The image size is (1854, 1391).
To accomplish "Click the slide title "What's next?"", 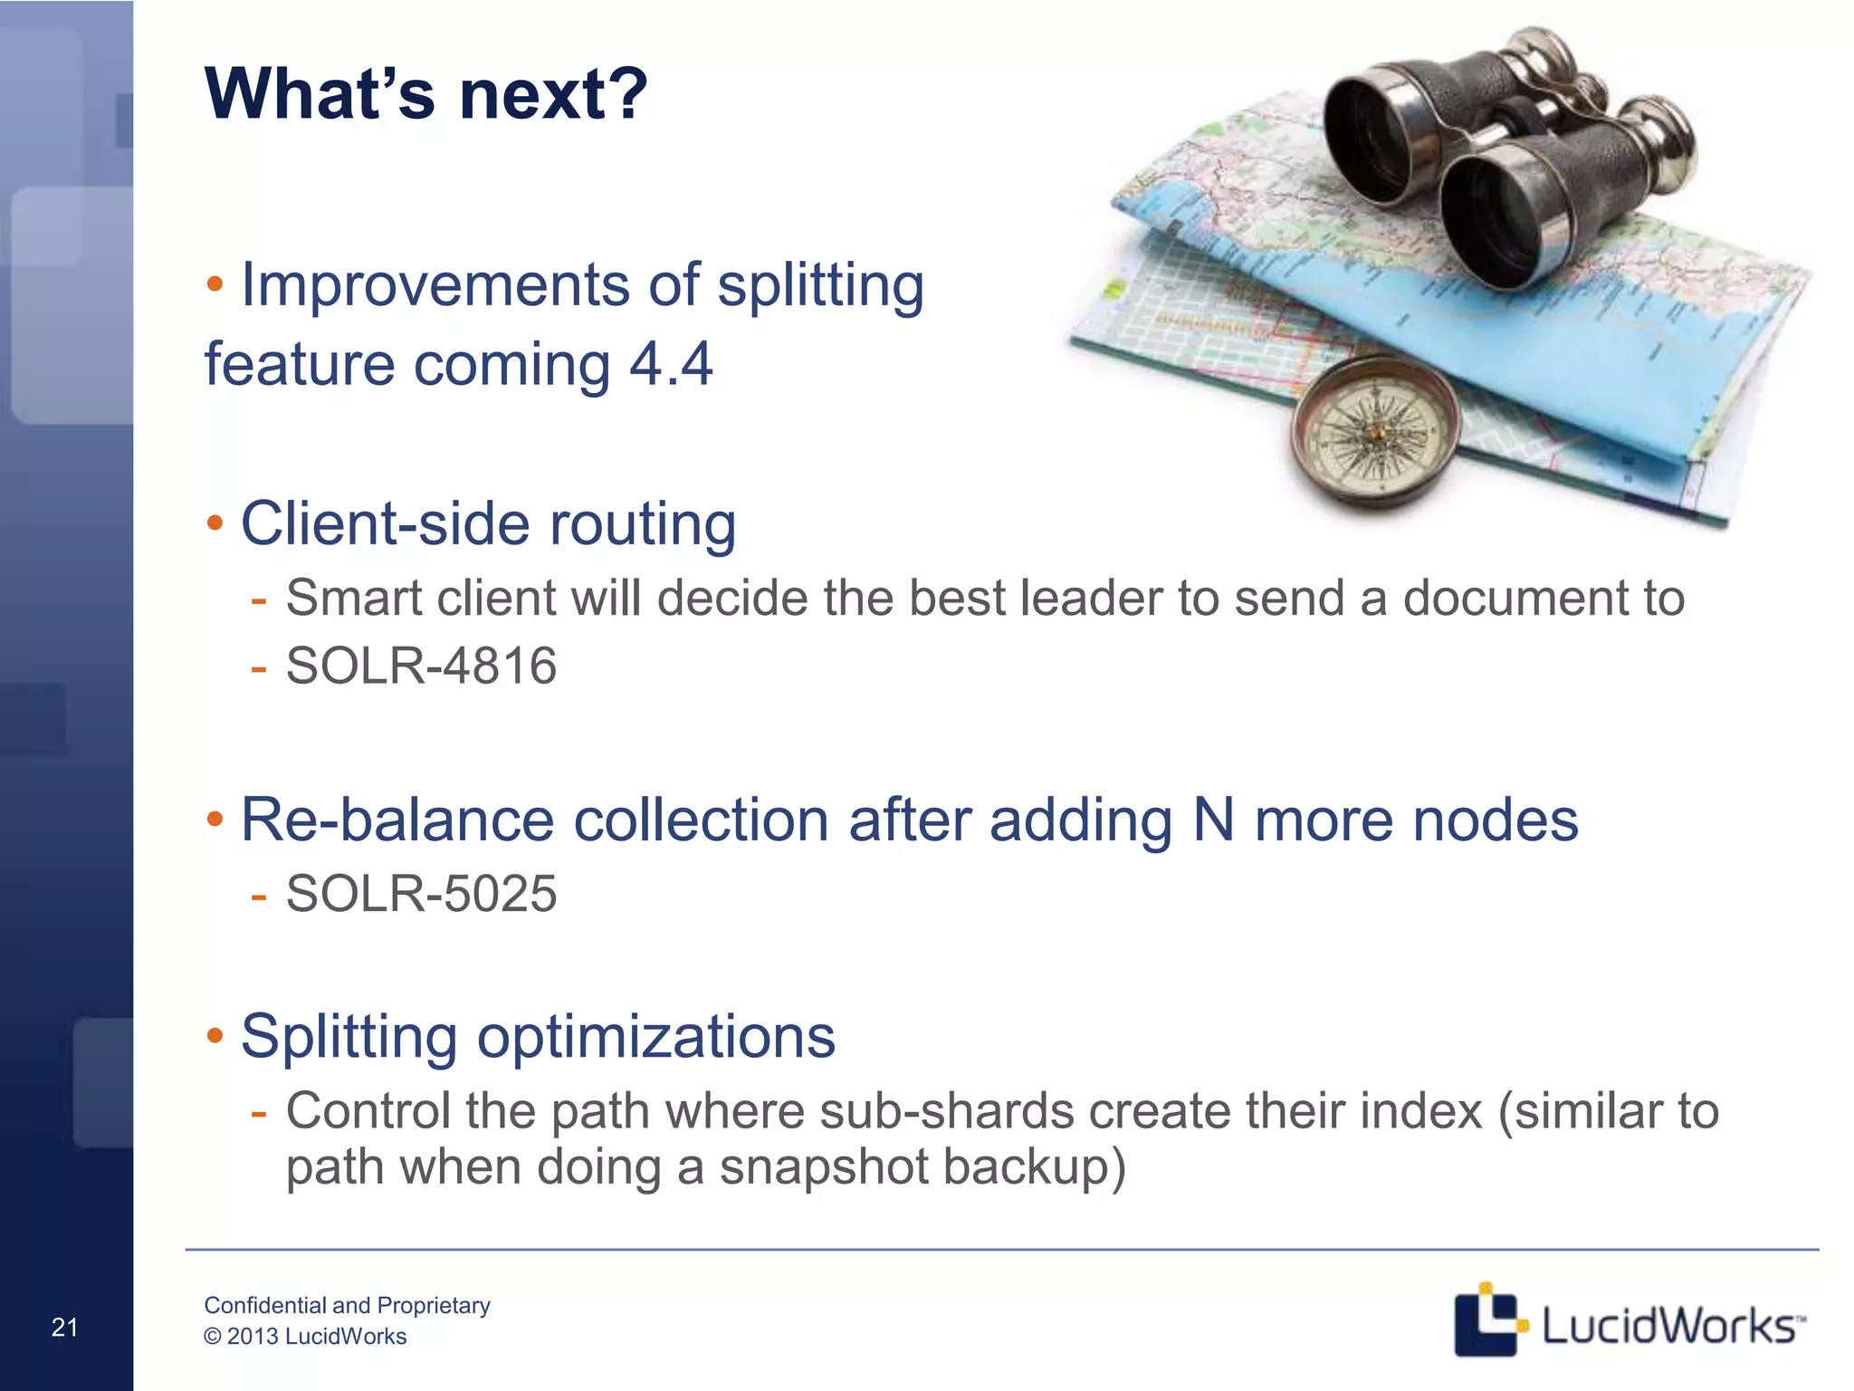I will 426,94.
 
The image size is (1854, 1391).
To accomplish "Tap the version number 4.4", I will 671,364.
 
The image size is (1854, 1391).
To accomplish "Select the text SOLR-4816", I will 421,666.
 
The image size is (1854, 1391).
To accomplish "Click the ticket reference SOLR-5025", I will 421,894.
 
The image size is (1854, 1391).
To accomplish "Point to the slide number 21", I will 64,1327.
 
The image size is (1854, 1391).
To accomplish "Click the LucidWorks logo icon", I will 1486,1319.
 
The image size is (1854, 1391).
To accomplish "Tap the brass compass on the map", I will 1374,432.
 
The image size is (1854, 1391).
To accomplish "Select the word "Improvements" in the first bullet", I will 434,285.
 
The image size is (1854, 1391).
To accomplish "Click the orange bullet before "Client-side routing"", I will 215,523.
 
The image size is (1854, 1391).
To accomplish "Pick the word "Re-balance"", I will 397,820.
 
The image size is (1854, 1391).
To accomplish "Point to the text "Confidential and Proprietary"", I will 347,1305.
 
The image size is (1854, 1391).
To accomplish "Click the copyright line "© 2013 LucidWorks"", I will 305,1337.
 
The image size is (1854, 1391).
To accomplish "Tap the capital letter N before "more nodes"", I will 1213,820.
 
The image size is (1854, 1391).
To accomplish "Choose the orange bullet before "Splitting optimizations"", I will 215,1035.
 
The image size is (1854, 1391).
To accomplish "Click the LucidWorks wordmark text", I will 1668,1326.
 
